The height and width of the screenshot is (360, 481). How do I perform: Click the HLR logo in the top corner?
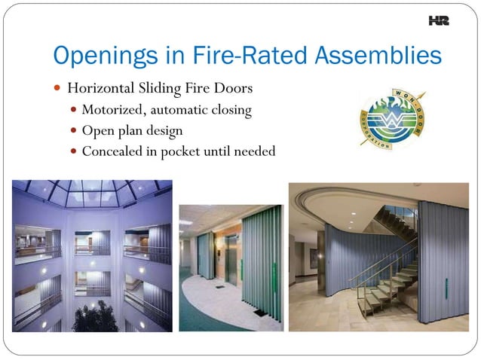point(438,22)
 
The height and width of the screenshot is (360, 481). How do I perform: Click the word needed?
point(256,151)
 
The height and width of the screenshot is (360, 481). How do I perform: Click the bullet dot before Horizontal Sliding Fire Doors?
point(57,89)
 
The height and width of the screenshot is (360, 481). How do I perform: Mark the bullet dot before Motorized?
point(73,110)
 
